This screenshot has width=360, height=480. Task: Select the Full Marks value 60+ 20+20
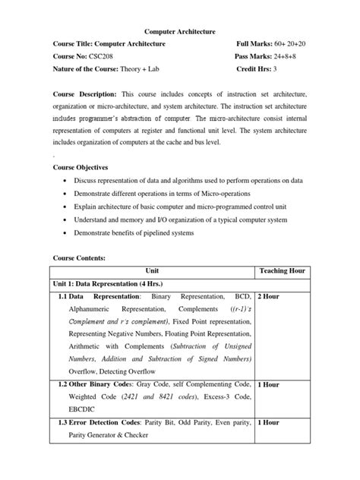pos(292,44)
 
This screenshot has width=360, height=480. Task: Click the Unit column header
pos(153,270)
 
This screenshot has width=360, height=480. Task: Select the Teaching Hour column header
pos(282,270)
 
